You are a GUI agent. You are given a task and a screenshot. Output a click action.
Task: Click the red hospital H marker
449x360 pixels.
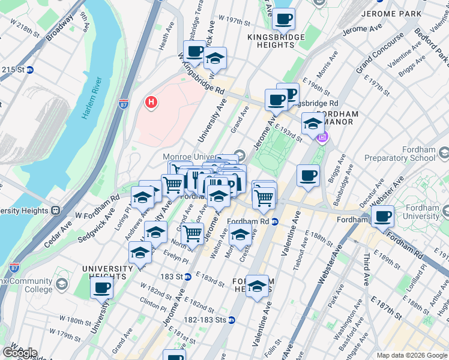151,103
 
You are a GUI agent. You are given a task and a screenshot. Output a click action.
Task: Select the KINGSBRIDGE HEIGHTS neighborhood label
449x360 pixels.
276,43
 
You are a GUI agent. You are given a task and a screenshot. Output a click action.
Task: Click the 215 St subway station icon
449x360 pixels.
29,70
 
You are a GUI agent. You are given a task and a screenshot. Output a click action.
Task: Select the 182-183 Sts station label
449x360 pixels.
200,320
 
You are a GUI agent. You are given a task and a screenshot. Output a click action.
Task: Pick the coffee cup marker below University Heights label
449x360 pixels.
102,287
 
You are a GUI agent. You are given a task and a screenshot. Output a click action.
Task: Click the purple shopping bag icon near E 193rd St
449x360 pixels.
322,137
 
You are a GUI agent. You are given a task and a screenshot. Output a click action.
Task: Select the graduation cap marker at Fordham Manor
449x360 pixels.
313,124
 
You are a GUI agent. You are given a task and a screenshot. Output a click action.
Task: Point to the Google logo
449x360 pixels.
19,353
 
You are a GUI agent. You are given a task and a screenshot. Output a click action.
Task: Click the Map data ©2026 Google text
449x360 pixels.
412,355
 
